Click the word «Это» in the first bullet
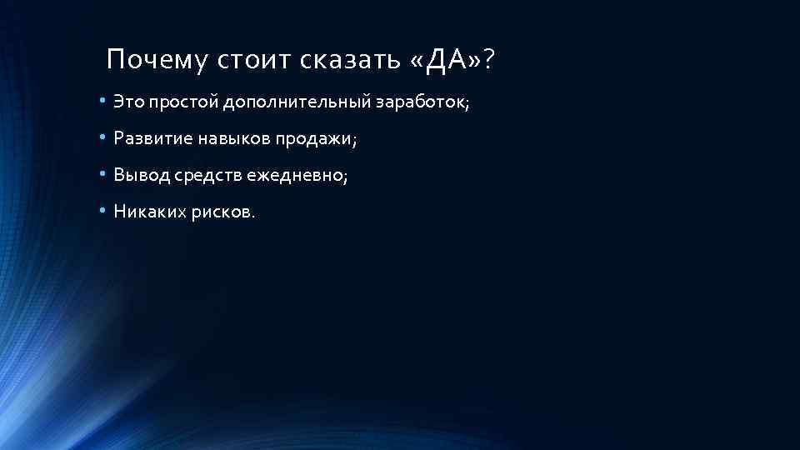coord(128,102)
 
